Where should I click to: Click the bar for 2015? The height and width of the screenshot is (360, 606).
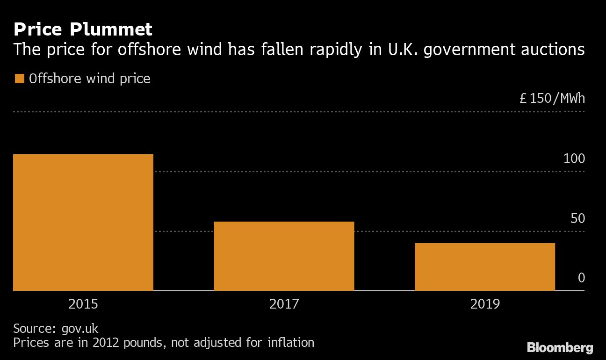(x=83, y=223)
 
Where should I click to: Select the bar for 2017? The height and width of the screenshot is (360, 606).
(x=284, y=256)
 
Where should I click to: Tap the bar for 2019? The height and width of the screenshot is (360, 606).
(x=485, y=267)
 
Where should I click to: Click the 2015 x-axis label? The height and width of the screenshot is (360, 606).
(x=83, y=304)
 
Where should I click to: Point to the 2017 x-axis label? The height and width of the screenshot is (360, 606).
(x=284, y=304)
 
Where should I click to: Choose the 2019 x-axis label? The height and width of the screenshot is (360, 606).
(x=485, y=304)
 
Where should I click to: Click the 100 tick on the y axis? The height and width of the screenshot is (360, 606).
(x=574, y=159)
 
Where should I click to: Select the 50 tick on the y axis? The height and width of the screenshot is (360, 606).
(x=577, y=218)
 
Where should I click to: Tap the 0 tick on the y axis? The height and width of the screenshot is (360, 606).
(x=581, y=278)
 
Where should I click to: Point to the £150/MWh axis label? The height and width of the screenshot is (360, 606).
(x=552, y=99)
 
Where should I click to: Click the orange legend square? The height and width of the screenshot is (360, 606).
(x=19, y=79)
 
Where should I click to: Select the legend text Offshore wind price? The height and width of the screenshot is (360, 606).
(x=89, y=79)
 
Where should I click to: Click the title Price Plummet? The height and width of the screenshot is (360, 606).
(x=83, y=30)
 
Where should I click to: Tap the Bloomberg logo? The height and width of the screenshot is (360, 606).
(x=560, y=348)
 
